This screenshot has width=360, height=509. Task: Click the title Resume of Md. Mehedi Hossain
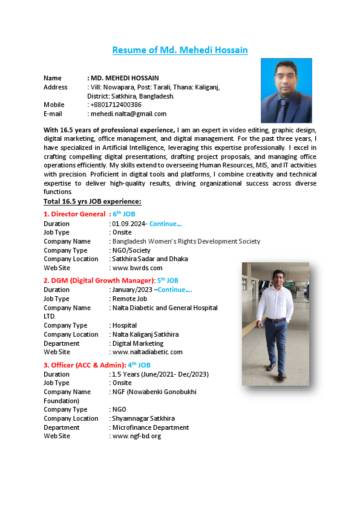pos(180,50)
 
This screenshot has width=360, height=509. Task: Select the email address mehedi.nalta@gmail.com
pos(129,114)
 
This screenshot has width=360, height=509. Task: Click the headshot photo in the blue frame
pos(286,90)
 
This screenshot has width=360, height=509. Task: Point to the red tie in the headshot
pos(283,106)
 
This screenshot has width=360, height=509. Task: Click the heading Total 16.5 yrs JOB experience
pos(92,201)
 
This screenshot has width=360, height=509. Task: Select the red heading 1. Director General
pos(74,214)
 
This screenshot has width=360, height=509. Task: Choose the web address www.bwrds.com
pos(137,268)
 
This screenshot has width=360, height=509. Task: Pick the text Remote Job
pos(129,299)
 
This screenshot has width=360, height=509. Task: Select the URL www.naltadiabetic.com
pos(147,352)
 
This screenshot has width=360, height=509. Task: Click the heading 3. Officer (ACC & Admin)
pos(84,365)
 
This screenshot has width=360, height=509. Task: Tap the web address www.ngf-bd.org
pos(137,436)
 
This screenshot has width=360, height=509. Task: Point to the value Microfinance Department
pos(151,427)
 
